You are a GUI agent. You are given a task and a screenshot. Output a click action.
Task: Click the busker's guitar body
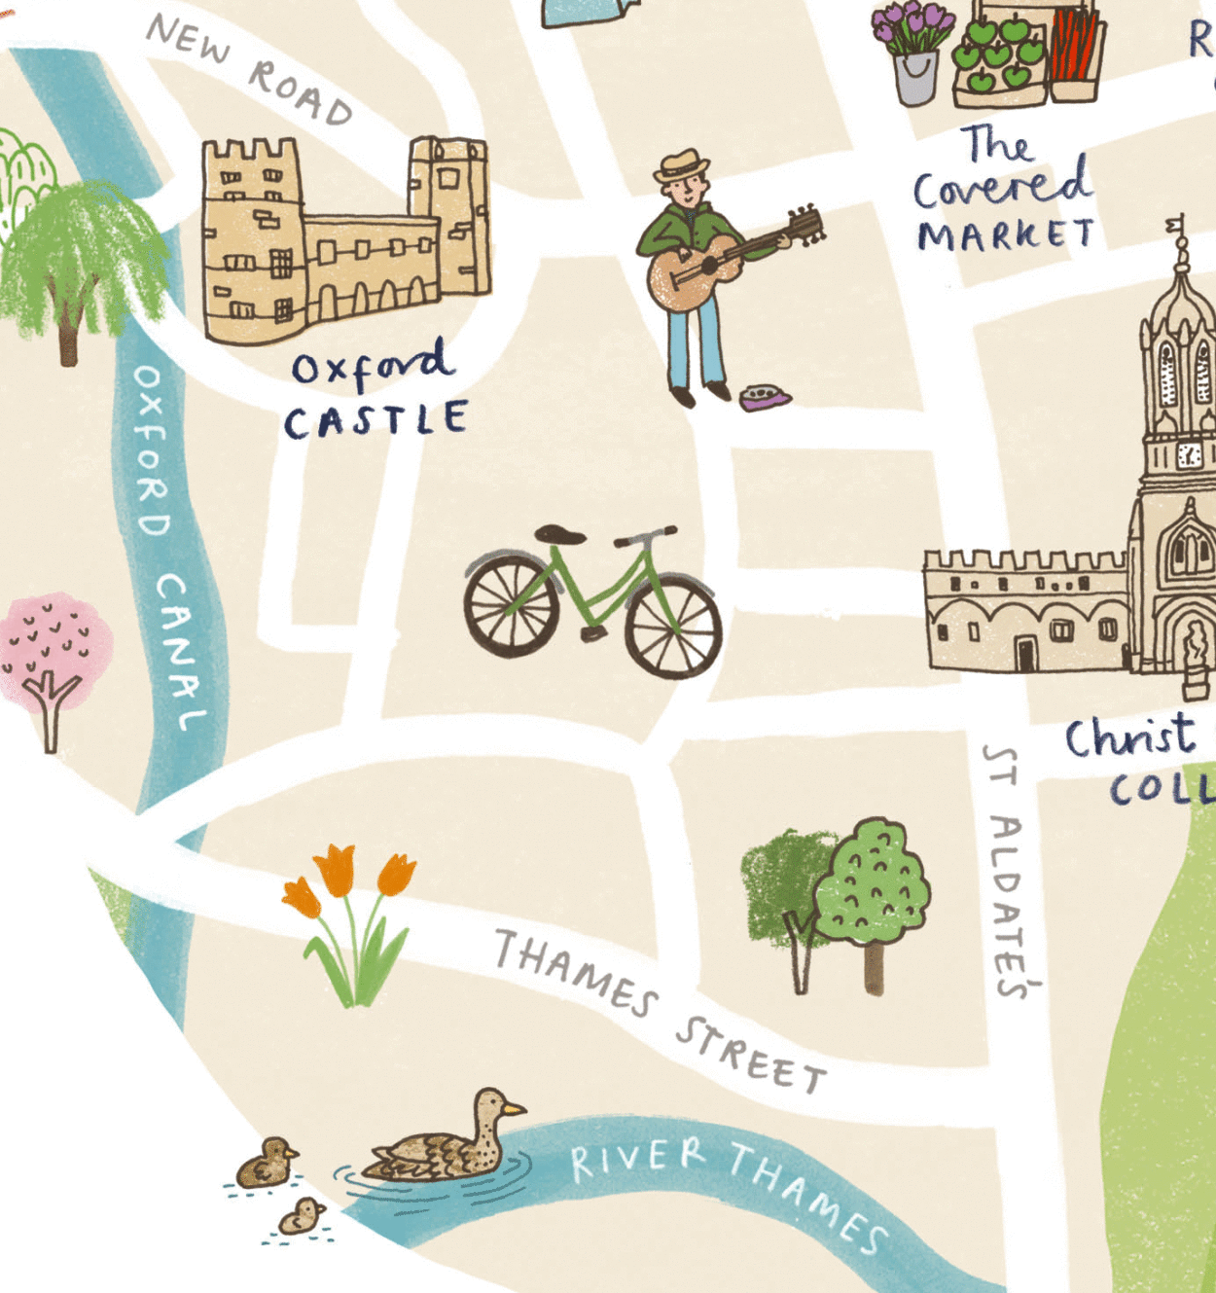(681, 276)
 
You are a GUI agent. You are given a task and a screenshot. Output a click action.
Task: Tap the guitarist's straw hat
(681, 165)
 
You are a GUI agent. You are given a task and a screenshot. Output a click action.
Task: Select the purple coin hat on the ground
(765, 397)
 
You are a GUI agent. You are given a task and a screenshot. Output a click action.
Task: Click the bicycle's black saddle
(559, 534)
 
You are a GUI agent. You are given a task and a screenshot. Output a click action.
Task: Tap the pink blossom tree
(54, 652)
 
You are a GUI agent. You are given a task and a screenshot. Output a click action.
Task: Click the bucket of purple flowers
(914, 54)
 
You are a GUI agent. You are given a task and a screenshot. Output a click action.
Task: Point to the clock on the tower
(1189, 453)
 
